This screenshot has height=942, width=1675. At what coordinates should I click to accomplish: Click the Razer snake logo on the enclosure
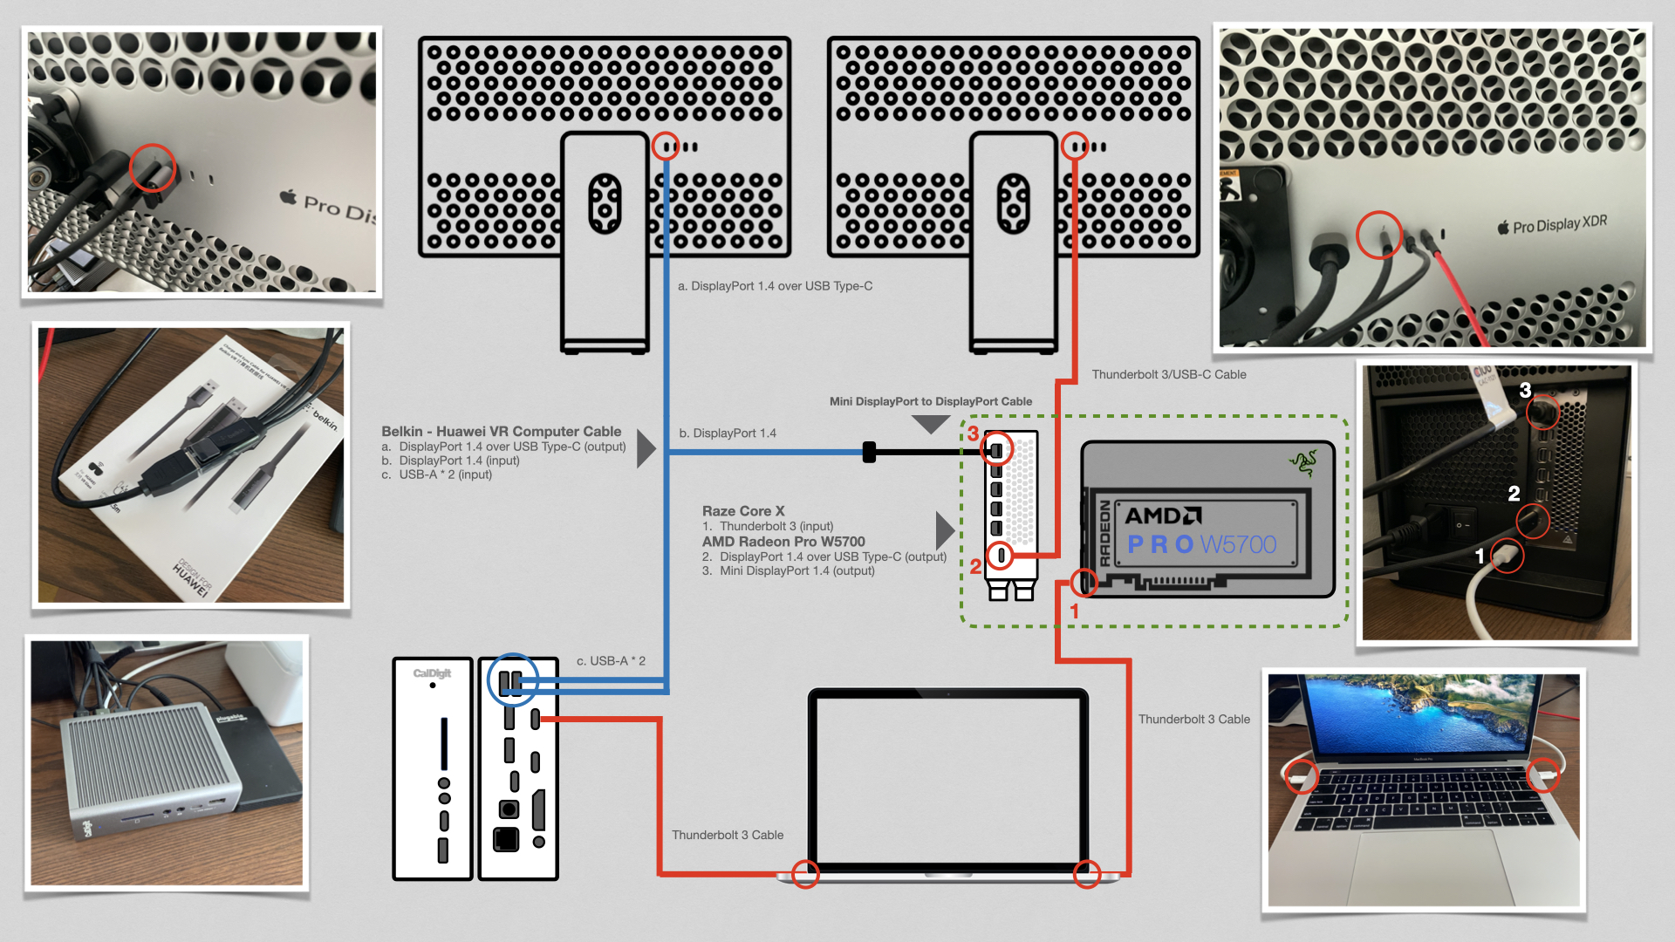[x=1303, y=463]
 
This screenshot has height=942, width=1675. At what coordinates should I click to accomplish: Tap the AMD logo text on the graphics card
[x=1163, y=515]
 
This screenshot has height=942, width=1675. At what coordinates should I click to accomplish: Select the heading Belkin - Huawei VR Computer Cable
[x=501, y=431]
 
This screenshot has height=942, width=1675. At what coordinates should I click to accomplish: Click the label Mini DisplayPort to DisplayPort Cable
[x=930, y=401]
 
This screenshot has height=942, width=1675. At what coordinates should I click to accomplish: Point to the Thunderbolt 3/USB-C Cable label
[x=1168, y=374]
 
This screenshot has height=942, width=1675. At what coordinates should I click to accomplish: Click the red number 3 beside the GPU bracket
[x=973, y=433]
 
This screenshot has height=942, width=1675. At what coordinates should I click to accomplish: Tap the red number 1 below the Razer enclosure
[x=1074, y=611]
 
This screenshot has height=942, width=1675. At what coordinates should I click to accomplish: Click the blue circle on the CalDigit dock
[x=512, y=679]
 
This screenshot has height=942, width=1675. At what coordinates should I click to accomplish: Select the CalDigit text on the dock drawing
[x=432, y=673]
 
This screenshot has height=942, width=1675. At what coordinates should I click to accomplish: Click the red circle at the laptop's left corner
[x=805, y=874]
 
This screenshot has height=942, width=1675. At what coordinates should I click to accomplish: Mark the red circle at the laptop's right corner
[x=1086, y=874]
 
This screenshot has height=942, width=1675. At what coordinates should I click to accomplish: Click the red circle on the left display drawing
[x=666, y=146]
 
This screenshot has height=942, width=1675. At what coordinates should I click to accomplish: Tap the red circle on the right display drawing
[x=1075, y=146]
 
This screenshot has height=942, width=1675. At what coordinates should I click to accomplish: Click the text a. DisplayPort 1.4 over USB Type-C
[x=775, y=286]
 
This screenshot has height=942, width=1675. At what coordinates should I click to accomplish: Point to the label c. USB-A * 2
[x=611, y=661]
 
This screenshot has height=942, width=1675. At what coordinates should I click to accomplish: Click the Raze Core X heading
[x=743, y=511]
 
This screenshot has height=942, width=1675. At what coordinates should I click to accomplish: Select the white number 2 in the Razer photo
[x=1514, y=494]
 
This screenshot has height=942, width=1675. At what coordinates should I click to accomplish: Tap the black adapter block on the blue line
[x=869, y=452]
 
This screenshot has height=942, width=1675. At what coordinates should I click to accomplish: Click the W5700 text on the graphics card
[x=1238, y=544]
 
